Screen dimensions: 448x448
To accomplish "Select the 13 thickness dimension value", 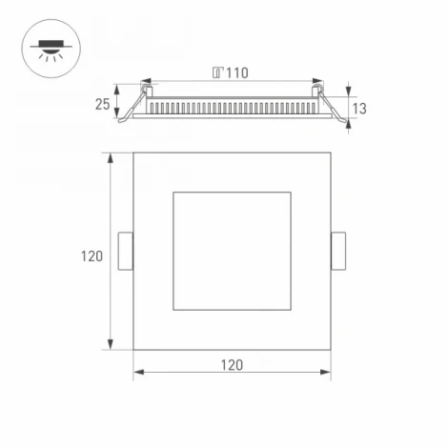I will pos(358,109).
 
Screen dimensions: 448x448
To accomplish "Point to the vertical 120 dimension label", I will pos(91,255).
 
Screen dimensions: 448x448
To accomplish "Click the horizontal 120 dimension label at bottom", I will pos(232,365).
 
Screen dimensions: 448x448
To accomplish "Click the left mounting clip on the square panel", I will pos(124,253).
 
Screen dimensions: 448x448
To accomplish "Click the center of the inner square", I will pos(232,252).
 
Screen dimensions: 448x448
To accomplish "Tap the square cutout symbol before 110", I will pos(217,71).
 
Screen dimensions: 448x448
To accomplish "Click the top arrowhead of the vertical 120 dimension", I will pos(113,154).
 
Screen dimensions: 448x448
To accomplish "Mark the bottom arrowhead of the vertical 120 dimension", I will pos(113,349).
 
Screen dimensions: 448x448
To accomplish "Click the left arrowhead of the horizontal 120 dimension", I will pos(136,373).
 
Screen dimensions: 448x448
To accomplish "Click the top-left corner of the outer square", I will pos(132,152).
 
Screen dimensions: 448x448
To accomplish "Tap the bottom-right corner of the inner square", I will pos(292,312).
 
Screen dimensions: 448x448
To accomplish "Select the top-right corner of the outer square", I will pos(332,152).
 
